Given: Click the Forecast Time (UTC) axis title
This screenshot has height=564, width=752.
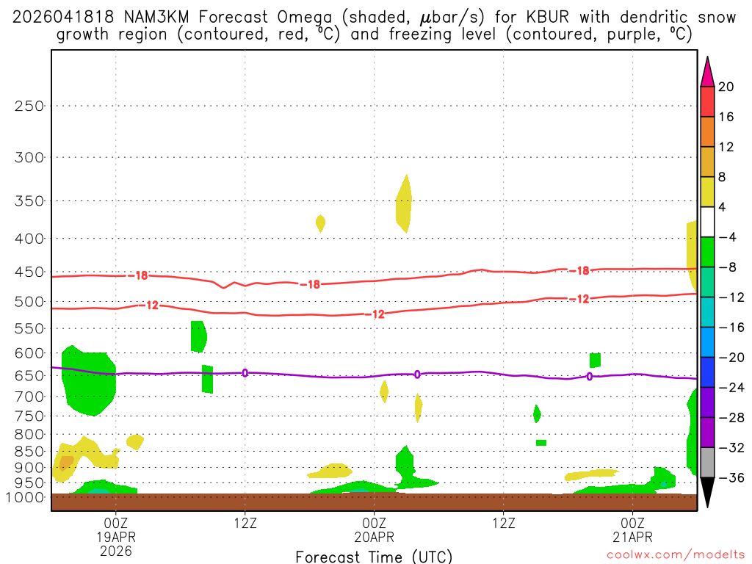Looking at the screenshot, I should click(x=374, y=557).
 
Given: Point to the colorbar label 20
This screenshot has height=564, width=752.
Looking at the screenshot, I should click(x=726, y=87).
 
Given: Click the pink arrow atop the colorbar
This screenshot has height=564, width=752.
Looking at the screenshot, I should click(x=707, y=71).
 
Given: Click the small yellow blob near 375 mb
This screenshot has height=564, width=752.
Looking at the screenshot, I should click(x=320, y=223).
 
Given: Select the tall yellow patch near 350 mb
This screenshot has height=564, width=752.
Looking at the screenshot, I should click(x=403, y=203).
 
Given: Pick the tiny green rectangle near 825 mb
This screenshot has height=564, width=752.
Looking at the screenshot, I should click(x=541, y=443).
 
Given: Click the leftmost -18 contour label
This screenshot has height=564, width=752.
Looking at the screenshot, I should click(x=140, y=276).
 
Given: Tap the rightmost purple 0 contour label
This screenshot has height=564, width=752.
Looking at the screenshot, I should click(x=590, y=377).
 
